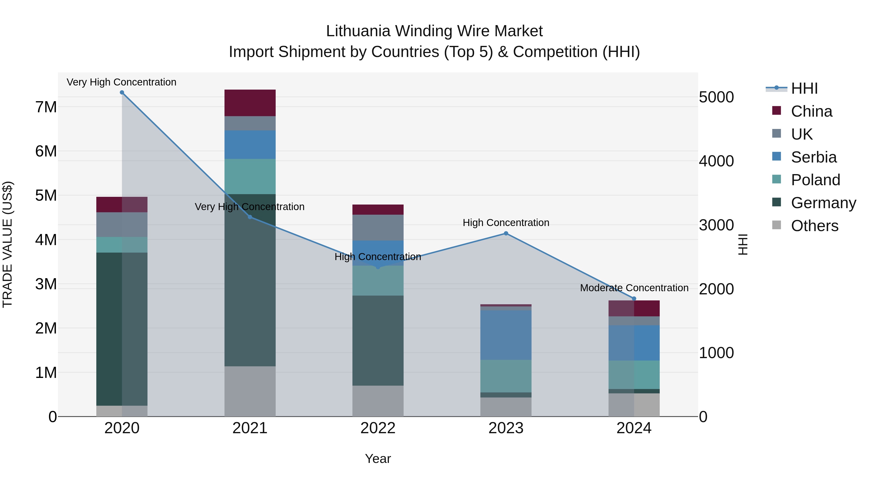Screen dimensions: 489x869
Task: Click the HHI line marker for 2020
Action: pyautogui.click(x=122, y=92)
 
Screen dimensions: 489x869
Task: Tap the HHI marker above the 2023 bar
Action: pyautogui.click(x=506, y=233)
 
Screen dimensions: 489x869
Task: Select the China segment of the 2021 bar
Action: pyautogui.click(x=250, y=103)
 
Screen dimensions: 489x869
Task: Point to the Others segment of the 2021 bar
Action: pyautogui.click(x=250, y=391)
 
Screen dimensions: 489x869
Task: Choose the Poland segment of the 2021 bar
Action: pyautogui.click(x=250, y=176)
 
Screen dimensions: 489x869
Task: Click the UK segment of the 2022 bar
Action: pyautogui.click(x=378, y=227)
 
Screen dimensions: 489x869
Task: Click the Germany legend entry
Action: pyautogui.click(x=823, y=203)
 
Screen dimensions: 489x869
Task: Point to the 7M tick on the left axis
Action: pyautogui.click(x=46, y=107)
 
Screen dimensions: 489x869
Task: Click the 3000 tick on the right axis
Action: pyautogui.click(x=716, y=225)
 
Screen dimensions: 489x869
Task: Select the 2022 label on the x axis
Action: pyautogui.click(x=378, y=428)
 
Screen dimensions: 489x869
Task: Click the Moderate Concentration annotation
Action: pyautogui.click(x=634, y=288)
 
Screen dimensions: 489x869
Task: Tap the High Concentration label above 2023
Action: pyautogui.click(x=506, y=223)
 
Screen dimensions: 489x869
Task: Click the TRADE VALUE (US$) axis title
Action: pyautogui.click(x=7, y=244)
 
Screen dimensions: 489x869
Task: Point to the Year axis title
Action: pyautogui.click(x=378, y=459)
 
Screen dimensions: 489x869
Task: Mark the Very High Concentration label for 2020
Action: pyautogui.click(x=121, y=82)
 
